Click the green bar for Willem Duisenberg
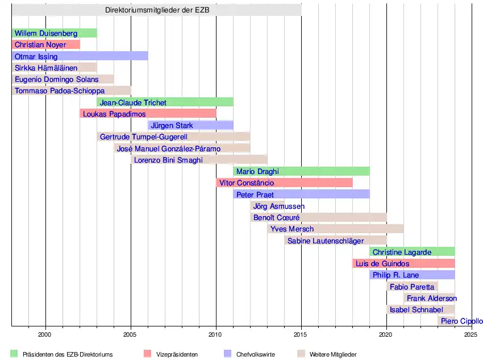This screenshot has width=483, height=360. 54,33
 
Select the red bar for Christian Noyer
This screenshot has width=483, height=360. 45,44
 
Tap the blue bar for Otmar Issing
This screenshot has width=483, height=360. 80,56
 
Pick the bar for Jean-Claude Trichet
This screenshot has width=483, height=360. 165,102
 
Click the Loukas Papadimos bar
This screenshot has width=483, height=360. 148,114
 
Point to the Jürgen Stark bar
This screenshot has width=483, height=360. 190,125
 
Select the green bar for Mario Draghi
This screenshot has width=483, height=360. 301,171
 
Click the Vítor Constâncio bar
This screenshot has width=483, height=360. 284,183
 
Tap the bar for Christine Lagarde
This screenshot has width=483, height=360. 412,252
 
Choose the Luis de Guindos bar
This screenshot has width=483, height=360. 403,263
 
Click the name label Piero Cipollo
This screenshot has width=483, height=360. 461,321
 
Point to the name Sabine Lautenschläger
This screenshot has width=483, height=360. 326,241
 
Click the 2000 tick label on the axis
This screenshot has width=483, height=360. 45,334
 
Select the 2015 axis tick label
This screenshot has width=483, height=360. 301,334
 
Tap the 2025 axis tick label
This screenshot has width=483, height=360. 470,334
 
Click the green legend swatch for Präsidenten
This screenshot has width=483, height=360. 14,354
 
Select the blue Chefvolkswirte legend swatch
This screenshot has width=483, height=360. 228,354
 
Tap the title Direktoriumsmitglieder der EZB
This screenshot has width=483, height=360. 157,10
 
